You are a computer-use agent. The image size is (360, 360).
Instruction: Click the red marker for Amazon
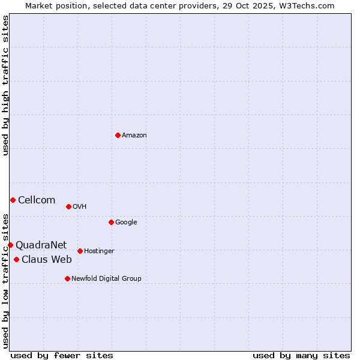tap(118, 135)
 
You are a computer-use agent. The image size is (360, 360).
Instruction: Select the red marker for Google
tap(111, 222)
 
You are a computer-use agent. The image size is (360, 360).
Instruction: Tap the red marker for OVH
tap(68, 206)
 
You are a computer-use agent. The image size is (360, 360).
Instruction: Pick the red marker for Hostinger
tap(80, 251)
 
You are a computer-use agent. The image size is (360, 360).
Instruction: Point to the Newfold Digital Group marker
tap(67, 278)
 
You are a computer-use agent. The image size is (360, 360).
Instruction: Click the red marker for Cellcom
tap(13, 200)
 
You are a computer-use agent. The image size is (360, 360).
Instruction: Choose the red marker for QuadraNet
tap(10, 245)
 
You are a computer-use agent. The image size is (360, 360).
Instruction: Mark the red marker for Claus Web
tap(16, 259)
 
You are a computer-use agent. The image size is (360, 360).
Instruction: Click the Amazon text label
tap(134, 136)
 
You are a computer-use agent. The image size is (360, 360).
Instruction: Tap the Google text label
tap(126, 223)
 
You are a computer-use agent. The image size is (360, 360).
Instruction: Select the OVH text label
tap(80, 207)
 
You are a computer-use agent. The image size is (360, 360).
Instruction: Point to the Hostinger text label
tap(99, 251)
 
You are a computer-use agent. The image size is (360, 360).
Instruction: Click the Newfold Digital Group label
tap(106, 279)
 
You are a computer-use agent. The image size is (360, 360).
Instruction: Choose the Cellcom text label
tap(37, 200)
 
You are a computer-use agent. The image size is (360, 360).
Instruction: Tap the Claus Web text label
tap(47, 260)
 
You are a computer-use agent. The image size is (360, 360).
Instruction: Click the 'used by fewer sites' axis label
tap(62, 355)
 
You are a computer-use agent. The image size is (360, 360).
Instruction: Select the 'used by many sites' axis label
tap(301, 355)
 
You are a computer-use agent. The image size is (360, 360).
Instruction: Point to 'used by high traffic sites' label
tap(5, 85)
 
